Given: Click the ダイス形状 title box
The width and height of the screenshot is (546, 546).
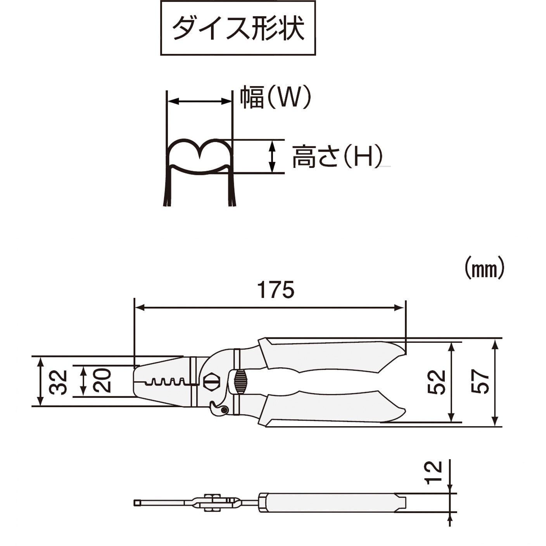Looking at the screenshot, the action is click(x=238, y=28).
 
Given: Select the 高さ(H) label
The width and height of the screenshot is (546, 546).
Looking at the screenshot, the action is click(x=337, y=156).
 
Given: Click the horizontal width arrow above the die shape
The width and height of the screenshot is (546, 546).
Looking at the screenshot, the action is click(x=199, y=101).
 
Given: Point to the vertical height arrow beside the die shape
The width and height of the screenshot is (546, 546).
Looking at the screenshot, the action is click(x=272, y=156).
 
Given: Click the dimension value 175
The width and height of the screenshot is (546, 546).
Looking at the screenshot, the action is click(x=276, y=290).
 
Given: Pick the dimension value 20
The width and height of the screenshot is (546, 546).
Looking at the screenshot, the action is click(x=102, y=380).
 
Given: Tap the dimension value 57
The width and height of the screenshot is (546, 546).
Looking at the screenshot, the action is click(x=480, y=381).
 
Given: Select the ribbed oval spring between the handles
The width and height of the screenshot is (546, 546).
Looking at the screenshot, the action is click(x=240, y=381).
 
